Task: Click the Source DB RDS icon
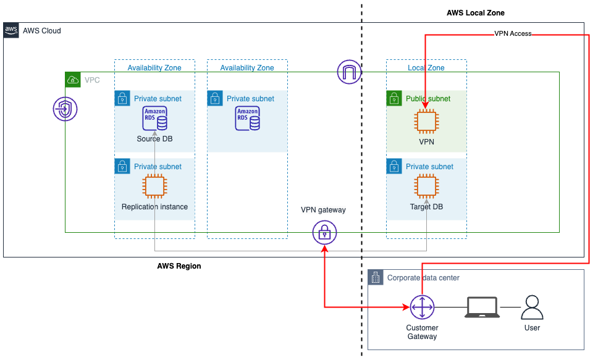pyautogui.click(x=154, y=119)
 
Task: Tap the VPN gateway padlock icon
pyautogui.click(x=324, y=233)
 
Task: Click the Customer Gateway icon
pyautogui.click(x=422, y=307)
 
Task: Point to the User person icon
pyautogui.click(x=532, y=307)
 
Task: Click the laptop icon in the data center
pyautogui.click(x=482, y=307)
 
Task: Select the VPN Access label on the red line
pyautogui.click(x=513, y=33)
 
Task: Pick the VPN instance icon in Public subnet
pyautogui.click(x=426, y=121)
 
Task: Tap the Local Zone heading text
pyautogui.click(x=426, y=68)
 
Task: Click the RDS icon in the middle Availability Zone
pyautogui.click(x=247, y=119)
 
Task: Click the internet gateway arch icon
pyautogui.click(x=349, y=72)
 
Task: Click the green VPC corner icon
pyautogui.click(x=74, y=80)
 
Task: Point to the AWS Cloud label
pyautogui.click(x=41, y=31)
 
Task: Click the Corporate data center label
pyautogui.click(x=423, y=278)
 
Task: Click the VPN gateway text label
pyautogui.click(x=323, y=210)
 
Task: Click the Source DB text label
pyautogui.click(x=154, y=139)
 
